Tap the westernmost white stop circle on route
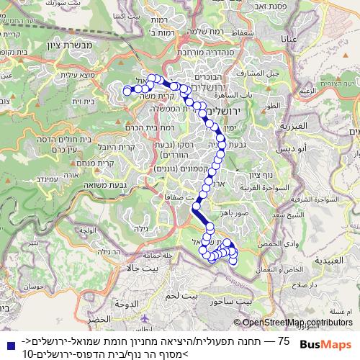pyautogui.click(x=127, y=91)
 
